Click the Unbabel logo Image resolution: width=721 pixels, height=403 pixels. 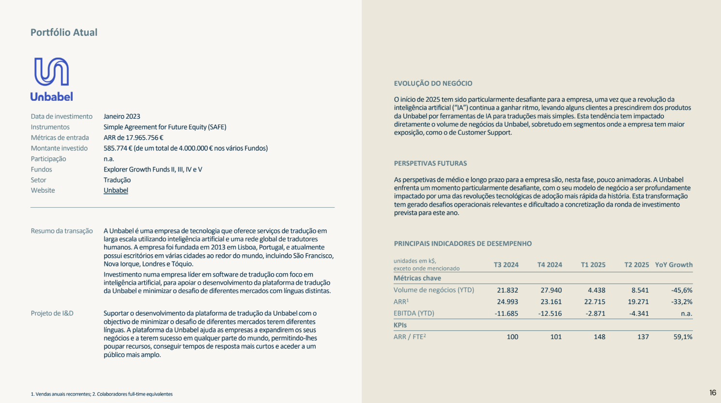pos(51,79)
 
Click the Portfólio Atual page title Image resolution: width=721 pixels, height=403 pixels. pos(64,32)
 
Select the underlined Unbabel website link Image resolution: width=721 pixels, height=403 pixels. pos(116,190)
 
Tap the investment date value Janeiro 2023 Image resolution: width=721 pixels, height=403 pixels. pos(122,116)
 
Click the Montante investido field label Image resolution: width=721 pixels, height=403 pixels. pos(59,148)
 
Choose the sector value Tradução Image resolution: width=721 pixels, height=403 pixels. pos(117,180)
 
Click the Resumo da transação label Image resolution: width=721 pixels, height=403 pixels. pos(61,231)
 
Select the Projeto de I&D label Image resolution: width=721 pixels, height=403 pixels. pos(52,313)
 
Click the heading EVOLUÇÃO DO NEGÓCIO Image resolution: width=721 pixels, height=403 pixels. pos(433,83)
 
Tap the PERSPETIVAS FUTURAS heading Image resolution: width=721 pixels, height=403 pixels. pos(430,163)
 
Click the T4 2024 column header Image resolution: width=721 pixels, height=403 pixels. pos(550,265)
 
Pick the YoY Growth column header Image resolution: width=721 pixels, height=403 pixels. pos(674,265)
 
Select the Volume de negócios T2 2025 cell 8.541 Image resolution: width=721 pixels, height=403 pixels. pos(640,290)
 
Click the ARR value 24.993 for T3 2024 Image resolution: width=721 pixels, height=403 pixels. pos(507,302)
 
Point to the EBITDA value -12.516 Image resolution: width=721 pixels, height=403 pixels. pos(550,313)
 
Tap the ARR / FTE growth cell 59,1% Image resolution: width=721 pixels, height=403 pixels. pos(683,337)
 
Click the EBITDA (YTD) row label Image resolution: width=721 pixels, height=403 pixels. pos(414,313)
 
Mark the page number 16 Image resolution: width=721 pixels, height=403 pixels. pos(712,393)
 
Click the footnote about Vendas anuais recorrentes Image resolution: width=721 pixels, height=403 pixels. pos(102,394)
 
